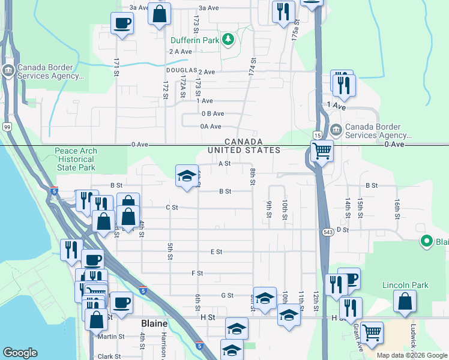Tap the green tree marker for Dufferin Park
228,40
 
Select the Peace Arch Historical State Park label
76,159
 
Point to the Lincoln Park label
406,285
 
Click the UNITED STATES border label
244,150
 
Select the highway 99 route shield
7,127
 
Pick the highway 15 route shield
318,136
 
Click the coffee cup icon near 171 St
122,23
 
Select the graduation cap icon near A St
187,176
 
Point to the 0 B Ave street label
212,113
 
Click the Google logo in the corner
20,353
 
